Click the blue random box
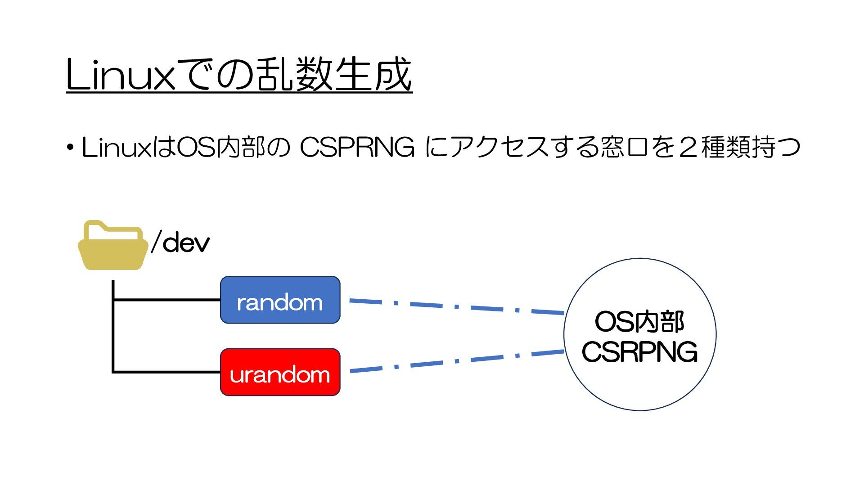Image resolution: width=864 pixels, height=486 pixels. [280, 300]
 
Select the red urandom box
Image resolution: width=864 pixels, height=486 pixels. [280, 372]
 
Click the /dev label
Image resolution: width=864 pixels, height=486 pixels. [180, 243]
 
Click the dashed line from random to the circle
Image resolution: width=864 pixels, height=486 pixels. [456, 307]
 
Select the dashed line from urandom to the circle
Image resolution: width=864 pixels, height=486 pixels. [456, 361]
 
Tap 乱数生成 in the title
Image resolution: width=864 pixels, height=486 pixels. [333, 75]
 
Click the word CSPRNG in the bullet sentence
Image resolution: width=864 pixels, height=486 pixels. [357, 147]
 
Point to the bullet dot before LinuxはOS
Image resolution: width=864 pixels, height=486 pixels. [70, 148]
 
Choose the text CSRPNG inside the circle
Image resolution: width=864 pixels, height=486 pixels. [639, 352]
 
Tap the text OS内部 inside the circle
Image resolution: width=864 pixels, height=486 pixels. [639, 322]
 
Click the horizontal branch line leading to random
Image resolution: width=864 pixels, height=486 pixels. [166, 299]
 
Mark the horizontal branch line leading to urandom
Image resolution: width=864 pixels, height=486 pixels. [166, 372]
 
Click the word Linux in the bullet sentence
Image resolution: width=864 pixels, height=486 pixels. [117, 147]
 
